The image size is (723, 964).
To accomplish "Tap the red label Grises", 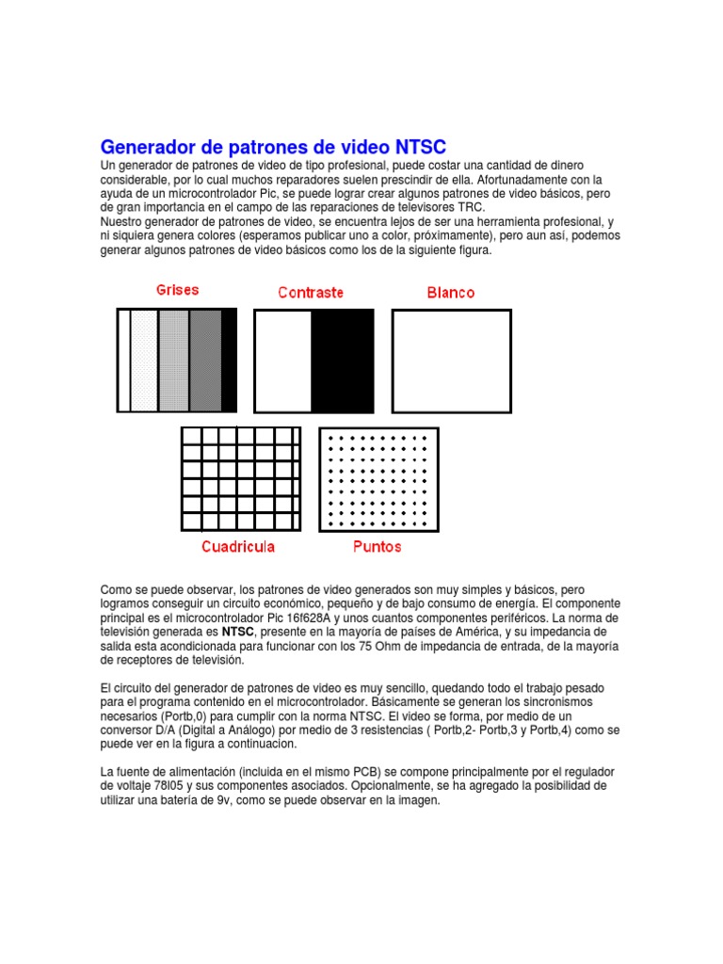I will coord(177,290).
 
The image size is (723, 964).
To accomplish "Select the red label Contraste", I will coord(311,293).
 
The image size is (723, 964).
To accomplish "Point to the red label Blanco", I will coord(451,293).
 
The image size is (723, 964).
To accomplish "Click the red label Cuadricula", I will coord(238,546).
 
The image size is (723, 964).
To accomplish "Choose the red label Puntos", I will coord(377,546).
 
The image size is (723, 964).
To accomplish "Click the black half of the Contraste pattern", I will coord(343,361).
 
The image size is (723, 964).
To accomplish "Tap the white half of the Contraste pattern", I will coord(283,361).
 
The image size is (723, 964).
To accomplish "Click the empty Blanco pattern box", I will coord(451,361).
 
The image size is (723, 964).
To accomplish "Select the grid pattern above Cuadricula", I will coord(241,478).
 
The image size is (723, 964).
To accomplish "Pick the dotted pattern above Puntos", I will coord(378,478).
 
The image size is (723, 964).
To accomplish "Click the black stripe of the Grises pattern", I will coord(229,361).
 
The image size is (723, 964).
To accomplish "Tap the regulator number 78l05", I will coord(155,786).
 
